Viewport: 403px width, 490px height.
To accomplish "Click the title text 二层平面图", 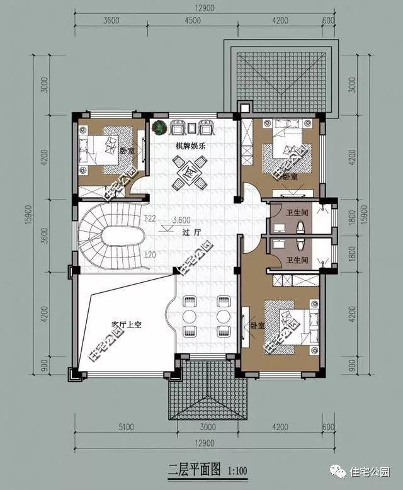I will (x=195, y=469).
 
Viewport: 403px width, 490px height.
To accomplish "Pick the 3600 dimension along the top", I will (x=111, y=20).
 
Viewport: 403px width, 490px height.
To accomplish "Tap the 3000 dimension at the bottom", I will (x=207, y=427).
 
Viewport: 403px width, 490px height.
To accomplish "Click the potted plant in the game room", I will (x=160, y=127).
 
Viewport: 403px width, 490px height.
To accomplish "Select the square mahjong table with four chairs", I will (x=190, y=172).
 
